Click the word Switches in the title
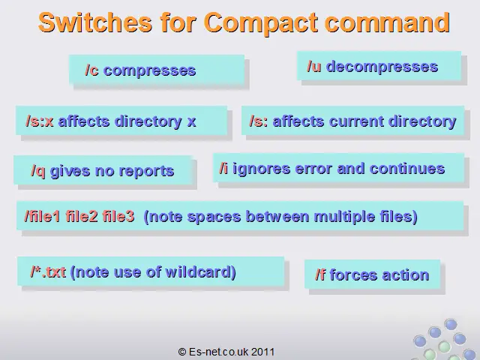[x=95, y=22]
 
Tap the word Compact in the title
[x=261, y=23]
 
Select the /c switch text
[x=91, y=70]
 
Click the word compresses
[x=150, y=71]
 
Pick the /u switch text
[x=314, y=67]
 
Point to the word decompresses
[x=382, y=67]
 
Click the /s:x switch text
[x=40, y=121]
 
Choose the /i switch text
[x=223, y=169]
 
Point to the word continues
[x=407, y=169]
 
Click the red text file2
[x=82, y=217]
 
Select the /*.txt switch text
[x=48, y=271]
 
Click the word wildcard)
[x=200, y=272]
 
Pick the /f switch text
[x=320, y=274]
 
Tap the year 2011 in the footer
[x=263, y=352]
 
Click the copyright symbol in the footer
[x=182, y=352]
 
